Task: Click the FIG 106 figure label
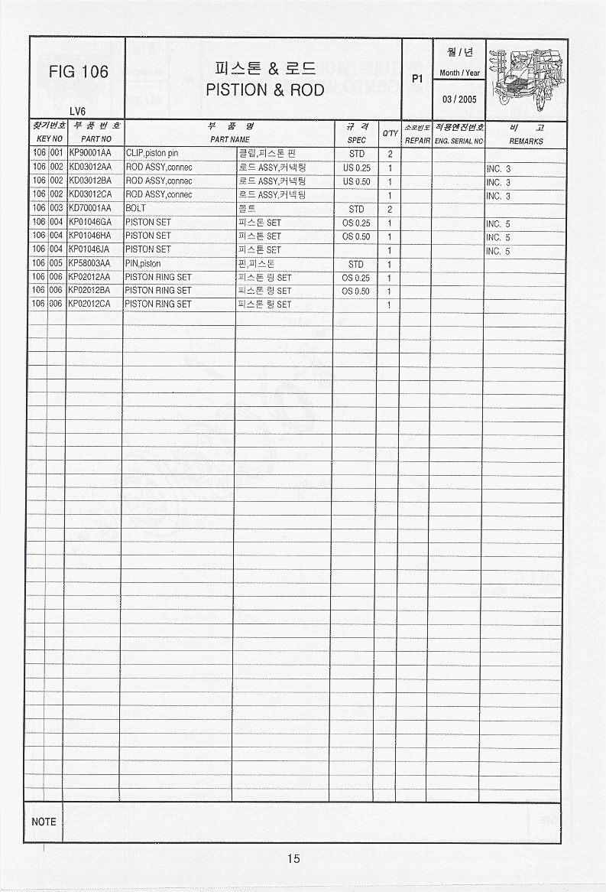pyautogui.click(x=78, y=72)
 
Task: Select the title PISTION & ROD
pyautogui.click(x=264, y=90)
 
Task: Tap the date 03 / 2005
pyautogui.click(x=459, y=99)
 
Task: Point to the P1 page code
pyautogui.click(x=417, y=78)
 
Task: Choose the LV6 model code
pyautogui.click(x=77, y=111)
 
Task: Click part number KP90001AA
pyautogui.click(x=90, y=154)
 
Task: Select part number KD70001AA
pyautogui.click(x=90, y=208)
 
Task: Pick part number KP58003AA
pyautogui.click(x=90, y=263)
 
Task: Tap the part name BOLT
pyautogui.click(x=135, y=208)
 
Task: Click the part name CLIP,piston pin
pyautogui.click(x=151, y=154)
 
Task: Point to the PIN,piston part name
pyautogui.click(x=143, y=263)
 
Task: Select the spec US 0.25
pyautogui.click(x=356, y=168)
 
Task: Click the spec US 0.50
pyautogui.click(x=356, y=181)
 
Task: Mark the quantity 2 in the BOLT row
pyautogui.click(x=390, y=209)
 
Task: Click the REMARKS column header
pyautogui.click(x=526, y=141)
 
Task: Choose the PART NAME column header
pyautogui.click(x=230, y=140)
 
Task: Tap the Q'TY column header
pyautogui.click(x=390, y=133)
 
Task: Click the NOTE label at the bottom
pyautogui.click(x=44, y=822)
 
